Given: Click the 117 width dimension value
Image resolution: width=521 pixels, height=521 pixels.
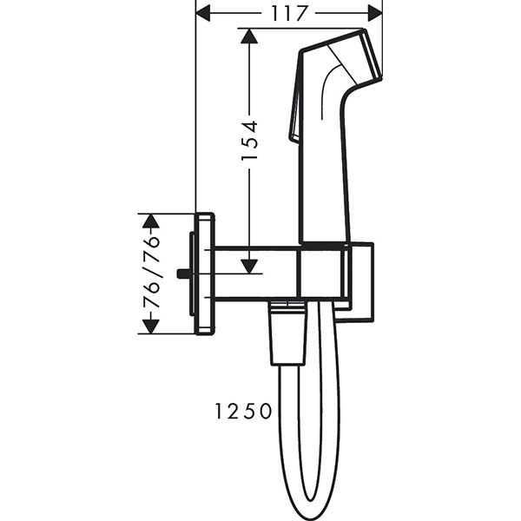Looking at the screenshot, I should [x=289, y=13].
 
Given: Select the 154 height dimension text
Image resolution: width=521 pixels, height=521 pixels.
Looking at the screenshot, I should [x=249, y=140].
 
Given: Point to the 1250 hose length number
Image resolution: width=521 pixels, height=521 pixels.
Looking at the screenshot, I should [x=244, y=412].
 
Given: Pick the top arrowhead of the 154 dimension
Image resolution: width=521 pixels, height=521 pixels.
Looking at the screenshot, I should [x=249, y=37].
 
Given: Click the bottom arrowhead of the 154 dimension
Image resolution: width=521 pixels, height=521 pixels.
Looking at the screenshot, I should [x=249, y=265].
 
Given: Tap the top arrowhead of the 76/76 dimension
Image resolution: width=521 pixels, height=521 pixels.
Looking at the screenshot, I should [x=151, y=221].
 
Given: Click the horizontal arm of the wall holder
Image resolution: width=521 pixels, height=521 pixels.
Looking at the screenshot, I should [x=257, y=274].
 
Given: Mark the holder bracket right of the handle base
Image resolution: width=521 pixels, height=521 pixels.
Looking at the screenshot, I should [x=363, y=282].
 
